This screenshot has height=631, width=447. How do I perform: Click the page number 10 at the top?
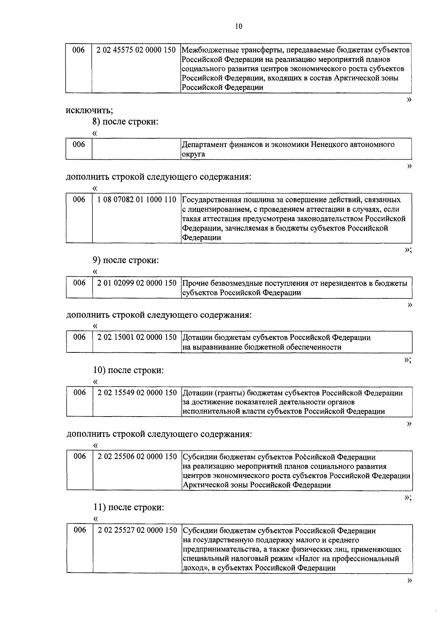pos(239,26)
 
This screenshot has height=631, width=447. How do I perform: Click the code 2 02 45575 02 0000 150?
pos(136,50)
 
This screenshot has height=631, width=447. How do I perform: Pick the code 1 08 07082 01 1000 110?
pos(137,200)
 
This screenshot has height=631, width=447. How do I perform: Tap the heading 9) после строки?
pos(126,260)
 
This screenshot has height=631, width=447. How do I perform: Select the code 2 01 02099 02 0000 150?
pos(137,283)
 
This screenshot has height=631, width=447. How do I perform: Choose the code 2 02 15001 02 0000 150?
pos(137,338)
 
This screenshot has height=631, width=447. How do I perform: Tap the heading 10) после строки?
pos(128,370)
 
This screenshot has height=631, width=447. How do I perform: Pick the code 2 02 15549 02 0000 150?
pos(137,393)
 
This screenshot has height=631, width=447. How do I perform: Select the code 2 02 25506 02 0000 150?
pos(137,457)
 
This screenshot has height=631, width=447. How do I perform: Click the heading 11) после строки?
pos(128,508)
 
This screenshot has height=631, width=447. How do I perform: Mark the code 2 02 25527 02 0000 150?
pos(137,530)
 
